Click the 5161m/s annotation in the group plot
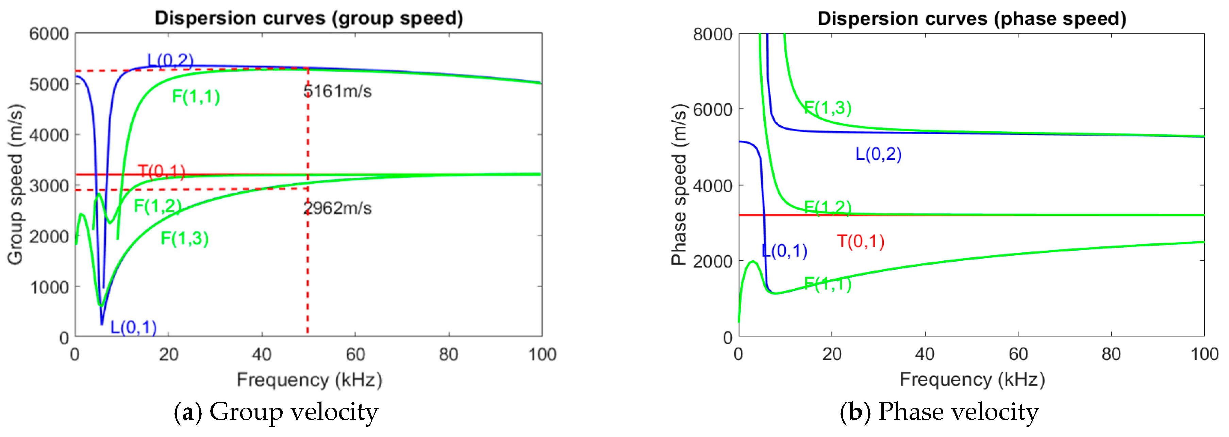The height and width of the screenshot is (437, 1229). pyautogui.click(x=337, y=91)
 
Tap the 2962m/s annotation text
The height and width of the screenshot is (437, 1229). pyautogui.click(x=337, y=208)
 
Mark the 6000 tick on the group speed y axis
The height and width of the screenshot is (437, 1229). pyautogui.click(x=49, y=34)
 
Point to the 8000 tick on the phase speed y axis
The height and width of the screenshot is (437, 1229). pyautogui.click(x=712, y=34)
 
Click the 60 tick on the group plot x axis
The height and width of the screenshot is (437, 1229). pyautogui.click(x=355, y=354)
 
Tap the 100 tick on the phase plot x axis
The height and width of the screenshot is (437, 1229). pyautogui.click(x=1204, y=354)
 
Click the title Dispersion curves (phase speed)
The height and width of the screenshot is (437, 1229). pyautogui.click(x=972, y=19)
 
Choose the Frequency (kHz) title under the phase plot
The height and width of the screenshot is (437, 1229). pyautogui.click(x=972, y=379)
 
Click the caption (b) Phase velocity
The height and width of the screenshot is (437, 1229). pyautogui.click(x=939, y=412)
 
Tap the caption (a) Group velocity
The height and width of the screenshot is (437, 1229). pyautogui.click(x=276, y=412)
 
